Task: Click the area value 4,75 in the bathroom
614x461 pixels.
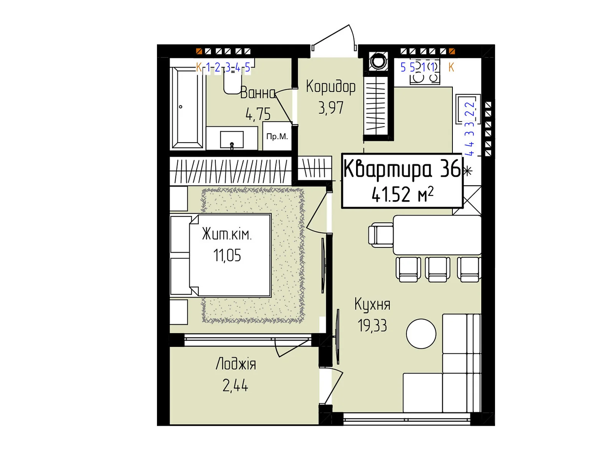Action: click(x=258, y=114)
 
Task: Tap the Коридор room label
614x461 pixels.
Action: click(x=330, y=87)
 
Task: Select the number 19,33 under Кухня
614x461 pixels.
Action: click(x=372, y=326)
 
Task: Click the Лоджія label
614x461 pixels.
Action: click(x=236, y=364)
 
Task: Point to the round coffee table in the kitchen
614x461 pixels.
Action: click(x=421, y=334)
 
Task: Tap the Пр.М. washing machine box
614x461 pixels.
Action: click(x=277, y=137)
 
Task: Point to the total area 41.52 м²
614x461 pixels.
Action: click(x=402, y=194)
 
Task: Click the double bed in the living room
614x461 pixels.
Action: click(x=229, y=255)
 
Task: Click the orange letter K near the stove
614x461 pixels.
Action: click(x=451, y=68)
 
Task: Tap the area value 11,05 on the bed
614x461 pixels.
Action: click(x=227, y=255)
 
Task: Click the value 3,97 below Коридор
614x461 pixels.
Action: click(x=330, y=108)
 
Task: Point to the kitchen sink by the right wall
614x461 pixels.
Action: click(x=467, y=109)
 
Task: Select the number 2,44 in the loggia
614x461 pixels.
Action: click(x=235, y=385)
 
